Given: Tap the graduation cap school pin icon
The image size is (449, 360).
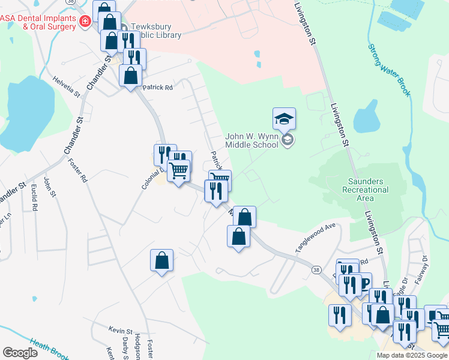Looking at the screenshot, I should point(284,119).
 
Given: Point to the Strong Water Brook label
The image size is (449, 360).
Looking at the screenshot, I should point(389,70).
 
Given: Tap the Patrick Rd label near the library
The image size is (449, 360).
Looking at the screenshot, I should point(157,88).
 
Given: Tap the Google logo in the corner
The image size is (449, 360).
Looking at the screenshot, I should point(20,352).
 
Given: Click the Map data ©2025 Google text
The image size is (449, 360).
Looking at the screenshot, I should point(412,355).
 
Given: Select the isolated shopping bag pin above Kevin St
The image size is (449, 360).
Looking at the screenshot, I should point(161,260).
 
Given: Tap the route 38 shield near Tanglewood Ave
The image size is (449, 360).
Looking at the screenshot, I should point(316,270).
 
